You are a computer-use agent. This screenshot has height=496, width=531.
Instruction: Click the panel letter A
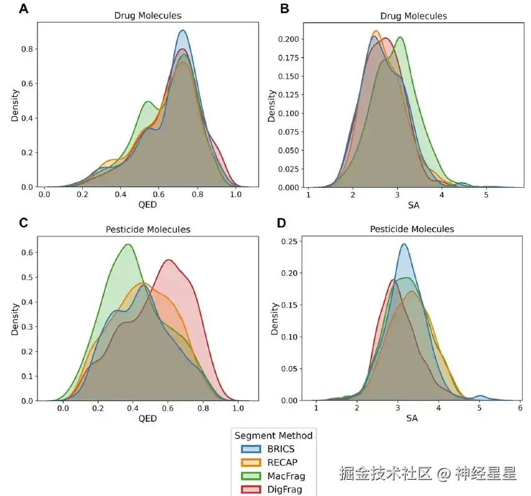(x=24, y=9)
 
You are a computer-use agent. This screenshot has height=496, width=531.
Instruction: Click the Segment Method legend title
(x=273, y=435)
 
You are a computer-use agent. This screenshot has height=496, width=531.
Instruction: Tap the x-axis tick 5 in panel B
(x=486, y=195)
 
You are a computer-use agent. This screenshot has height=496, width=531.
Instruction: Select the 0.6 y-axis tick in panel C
(x=28, y=252)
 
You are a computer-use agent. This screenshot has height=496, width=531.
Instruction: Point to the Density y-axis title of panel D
(x=275, y=318)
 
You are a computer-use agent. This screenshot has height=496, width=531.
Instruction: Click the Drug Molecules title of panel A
(x=147, y=16)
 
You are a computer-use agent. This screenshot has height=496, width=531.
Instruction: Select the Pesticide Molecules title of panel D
(x=412, y=229)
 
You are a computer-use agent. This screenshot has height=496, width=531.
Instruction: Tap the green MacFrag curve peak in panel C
(x=128, y=244)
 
